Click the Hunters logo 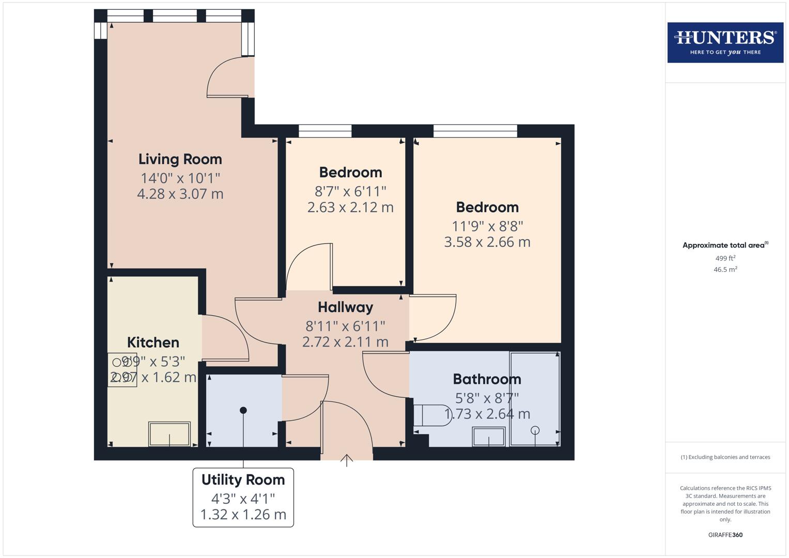[725, 42]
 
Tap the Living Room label [180, 159]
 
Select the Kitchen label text [153, 342]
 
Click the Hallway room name [345, 307]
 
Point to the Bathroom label [487, 379]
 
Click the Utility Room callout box [243, 497]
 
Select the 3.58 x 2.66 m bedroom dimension [487, 242]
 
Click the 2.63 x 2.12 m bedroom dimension [350, 207]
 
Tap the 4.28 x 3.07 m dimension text [180, 194]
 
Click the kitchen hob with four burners [122, 370]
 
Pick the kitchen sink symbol [169, 434]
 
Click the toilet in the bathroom [431, 415]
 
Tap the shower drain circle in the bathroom [535, 430]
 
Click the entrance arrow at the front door [346, 460]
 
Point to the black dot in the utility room [243, 410]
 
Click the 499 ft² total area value [725, 258]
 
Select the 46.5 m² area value [725, 269]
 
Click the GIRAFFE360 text [725, 535]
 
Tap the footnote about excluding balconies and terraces [725, 457]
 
